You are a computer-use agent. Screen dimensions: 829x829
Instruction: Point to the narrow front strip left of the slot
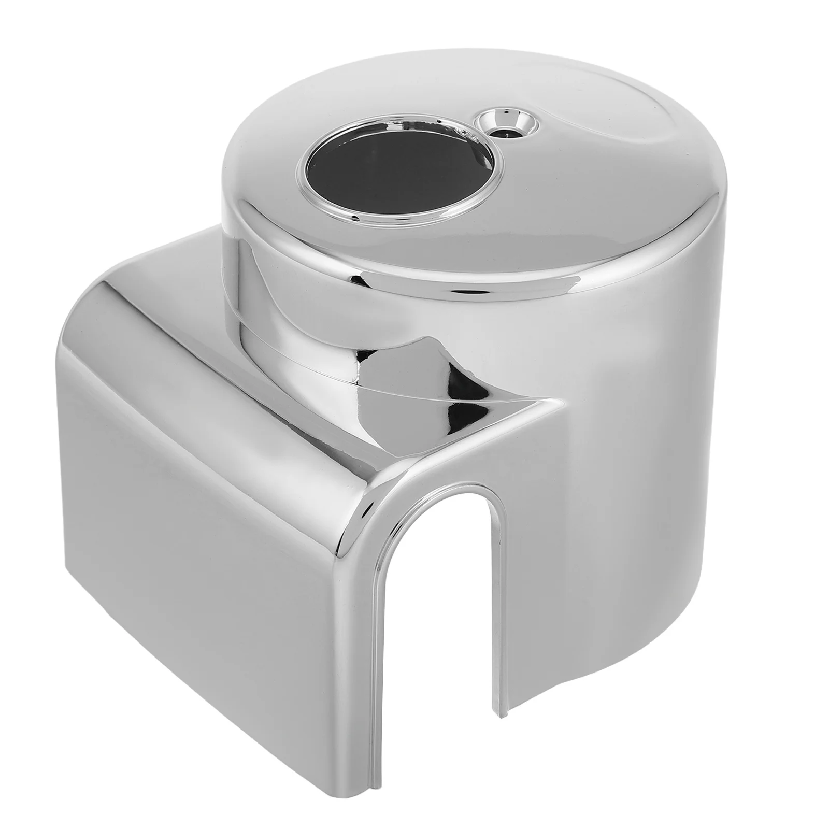pyautogui.click(x=358, y=622)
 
